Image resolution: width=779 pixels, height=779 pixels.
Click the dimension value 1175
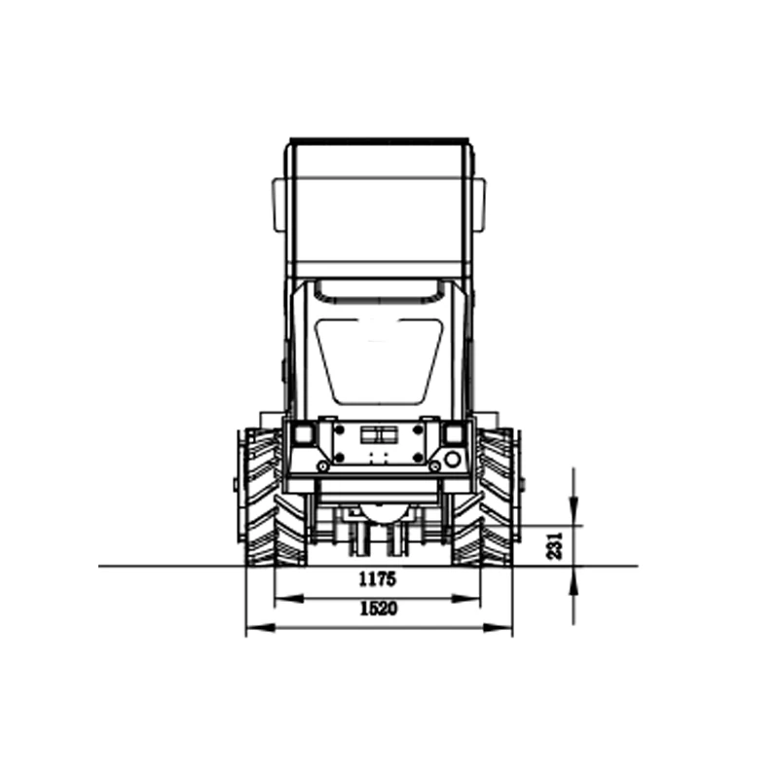point(377,578)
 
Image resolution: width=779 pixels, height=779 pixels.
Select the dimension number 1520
point(379,609)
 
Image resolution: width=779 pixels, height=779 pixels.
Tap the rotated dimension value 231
point(554,546)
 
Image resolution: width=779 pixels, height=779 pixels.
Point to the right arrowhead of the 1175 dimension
point(466,599)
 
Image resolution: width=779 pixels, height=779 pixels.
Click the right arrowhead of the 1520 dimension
point(498,628)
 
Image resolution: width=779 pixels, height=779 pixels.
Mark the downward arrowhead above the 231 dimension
point(574,510)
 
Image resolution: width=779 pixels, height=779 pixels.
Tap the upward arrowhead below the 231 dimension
point(574,580)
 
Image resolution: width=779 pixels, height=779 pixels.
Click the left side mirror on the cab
point(278,204)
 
